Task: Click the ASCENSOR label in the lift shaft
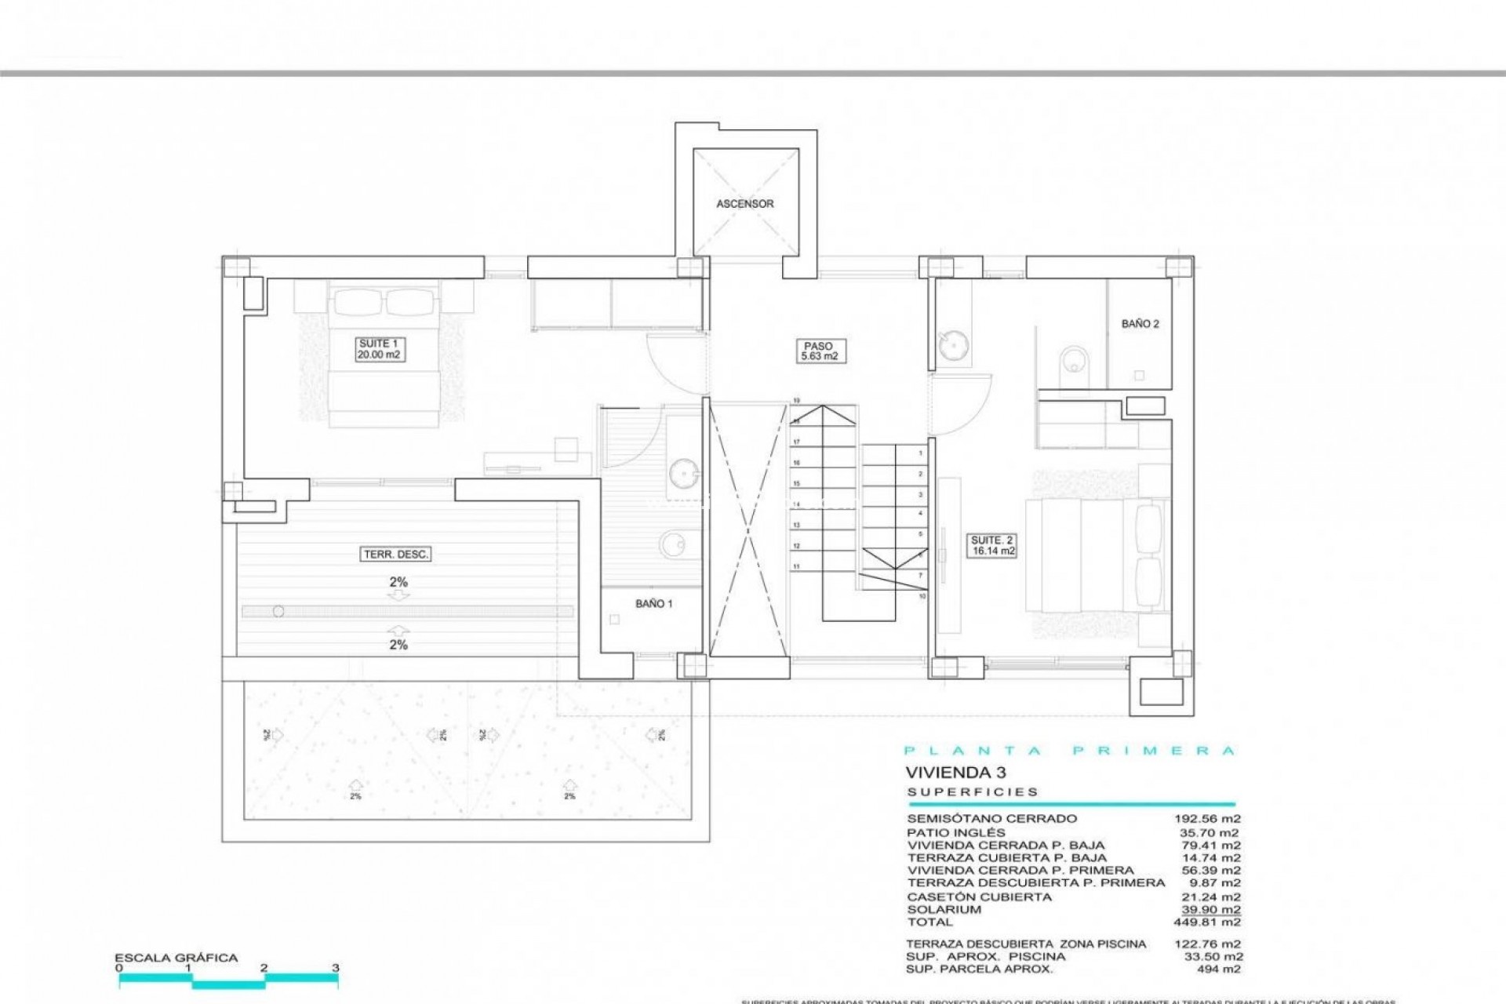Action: coord(744,204)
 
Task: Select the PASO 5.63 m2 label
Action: coord(818,351)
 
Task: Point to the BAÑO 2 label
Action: coord(1140,324)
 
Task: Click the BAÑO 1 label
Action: coord(653,604)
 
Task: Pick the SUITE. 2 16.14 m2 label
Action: coord(992,546)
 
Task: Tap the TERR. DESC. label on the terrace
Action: coord(396,555)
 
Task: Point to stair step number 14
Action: coord(796,504)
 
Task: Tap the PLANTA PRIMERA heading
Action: coord(1070,751)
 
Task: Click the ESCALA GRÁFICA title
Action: coord(176,958)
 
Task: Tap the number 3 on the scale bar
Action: coord(336,968)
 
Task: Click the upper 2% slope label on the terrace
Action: coord(398,583)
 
